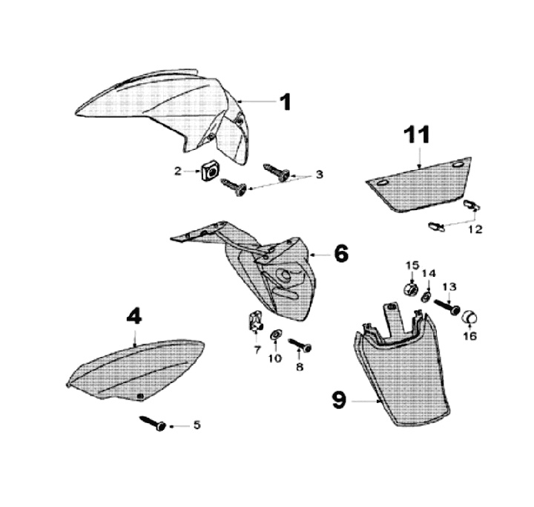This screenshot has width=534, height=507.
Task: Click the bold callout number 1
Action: tap(286, 102)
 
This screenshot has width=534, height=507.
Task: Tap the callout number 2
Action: tap(178, 171)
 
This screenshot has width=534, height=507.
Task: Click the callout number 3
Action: tap(320, 174)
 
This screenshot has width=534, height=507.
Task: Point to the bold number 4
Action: tap(133, 317)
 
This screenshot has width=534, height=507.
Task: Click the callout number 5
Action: tap(197, 425)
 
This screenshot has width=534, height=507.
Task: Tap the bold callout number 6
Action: tap(340, 254)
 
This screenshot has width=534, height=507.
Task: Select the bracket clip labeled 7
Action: tap(257, 322)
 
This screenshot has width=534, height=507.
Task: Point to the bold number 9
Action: tap(339, 401)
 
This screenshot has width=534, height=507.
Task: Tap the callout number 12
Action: tap(475, 229)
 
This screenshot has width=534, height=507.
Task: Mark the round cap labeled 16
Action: tap(470, 318)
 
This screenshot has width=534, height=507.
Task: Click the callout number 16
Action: tap(470, 336)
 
